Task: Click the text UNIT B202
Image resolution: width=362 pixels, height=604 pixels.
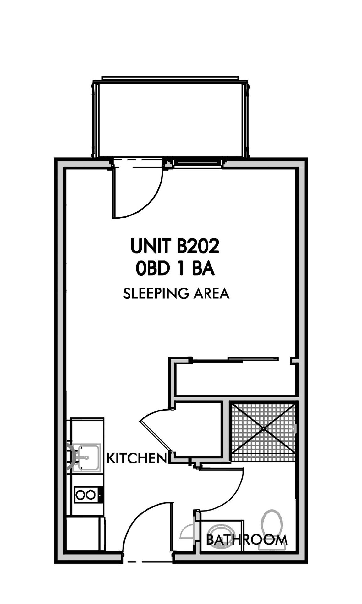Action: click(174, 246)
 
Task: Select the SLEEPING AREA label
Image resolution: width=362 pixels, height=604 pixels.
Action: click(176, 294)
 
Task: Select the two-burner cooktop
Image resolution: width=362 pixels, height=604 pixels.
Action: click(89, 495)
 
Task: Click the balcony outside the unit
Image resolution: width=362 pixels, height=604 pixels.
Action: click(171, 120)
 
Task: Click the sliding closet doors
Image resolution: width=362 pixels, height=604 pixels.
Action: click(235, 360)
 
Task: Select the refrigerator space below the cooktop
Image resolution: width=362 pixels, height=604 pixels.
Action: click(85, 533)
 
